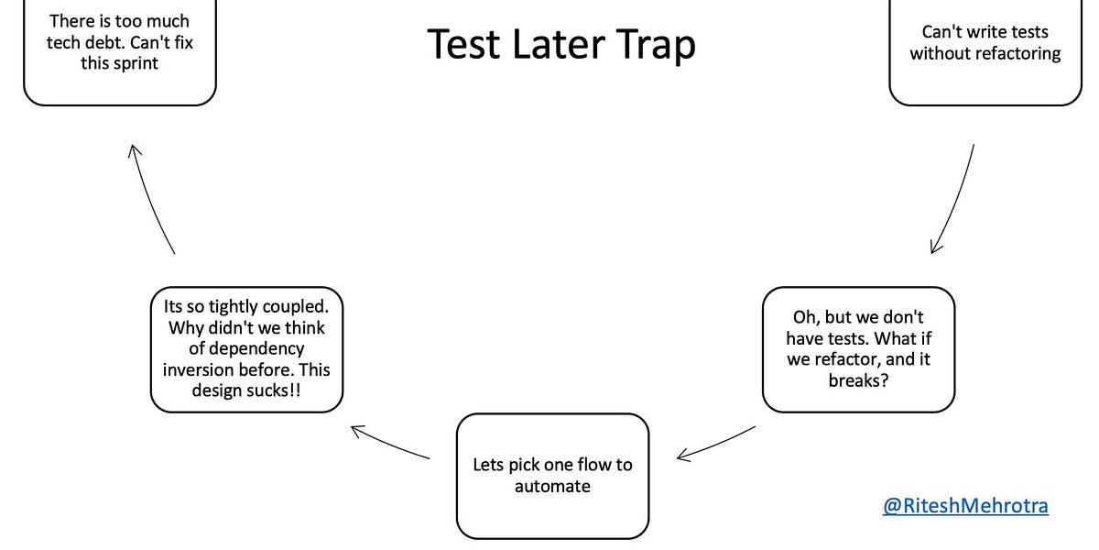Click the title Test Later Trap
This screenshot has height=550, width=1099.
click(561, 44)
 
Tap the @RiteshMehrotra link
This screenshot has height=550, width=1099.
click(965, 505)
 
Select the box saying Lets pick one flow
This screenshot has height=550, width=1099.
click(552, 476)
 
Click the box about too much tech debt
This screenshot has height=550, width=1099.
click(119, 51)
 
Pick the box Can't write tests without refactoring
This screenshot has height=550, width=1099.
click(985, 51)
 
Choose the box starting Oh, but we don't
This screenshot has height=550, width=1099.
click(858, 349)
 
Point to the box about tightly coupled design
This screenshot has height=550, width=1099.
click(246, 348)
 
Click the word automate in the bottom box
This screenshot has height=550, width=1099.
click(552, 487)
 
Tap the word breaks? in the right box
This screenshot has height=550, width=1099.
click(858, 380)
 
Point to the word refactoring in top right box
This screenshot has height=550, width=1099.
click(1007, 54)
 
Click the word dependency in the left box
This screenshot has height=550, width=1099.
click(246, 349)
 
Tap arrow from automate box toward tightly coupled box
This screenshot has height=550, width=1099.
click(390, 442)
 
